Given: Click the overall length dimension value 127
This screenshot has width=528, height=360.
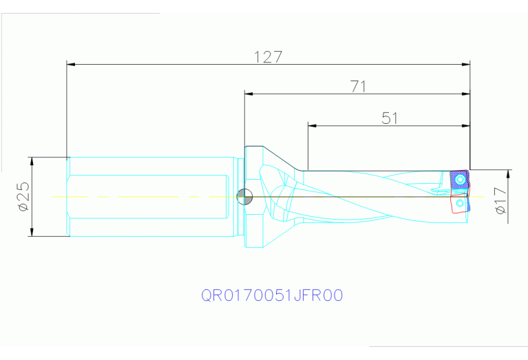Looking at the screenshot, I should tap(268, 57).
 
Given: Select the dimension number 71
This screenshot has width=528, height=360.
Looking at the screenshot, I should tap(357, 86).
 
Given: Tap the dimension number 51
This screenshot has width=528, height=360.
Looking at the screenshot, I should tap(390, 118).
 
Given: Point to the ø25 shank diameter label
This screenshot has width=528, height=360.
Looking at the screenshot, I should tap(22, 197).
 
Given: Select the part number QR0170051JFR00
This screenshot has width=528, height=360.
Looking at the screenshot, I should tap(272, 295).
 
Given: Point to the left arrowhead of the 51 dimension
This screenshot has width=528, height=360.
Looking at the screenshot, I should tap(312, 126).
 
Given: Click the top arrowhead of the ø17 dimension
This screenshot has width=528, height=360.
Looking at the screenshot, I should tap(507, 173).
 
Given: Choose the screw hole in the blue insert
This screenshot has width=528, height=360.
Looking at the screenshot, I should tap(459, 180).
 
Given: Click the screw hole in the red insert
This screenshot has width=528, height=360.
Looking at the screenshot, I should tap(460, 204).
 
